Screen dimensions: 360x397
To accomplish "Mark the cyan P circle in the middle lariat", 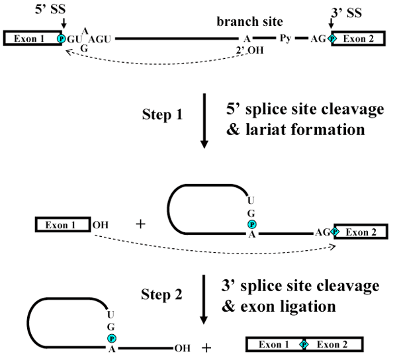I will coord(252,225).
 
